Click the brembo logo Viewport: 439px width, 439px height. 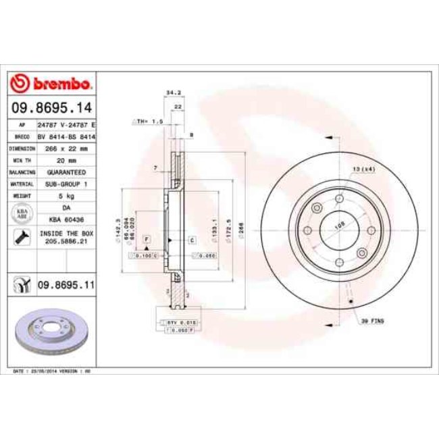(x=52, y=84)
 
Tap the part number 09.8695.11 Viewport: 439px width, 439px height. (x=65, y=286)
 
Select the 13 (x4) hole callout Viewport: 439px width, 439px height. (x=363, y=168)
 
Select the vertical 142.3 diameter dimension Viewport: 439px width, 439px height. (x=118, y=230)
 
